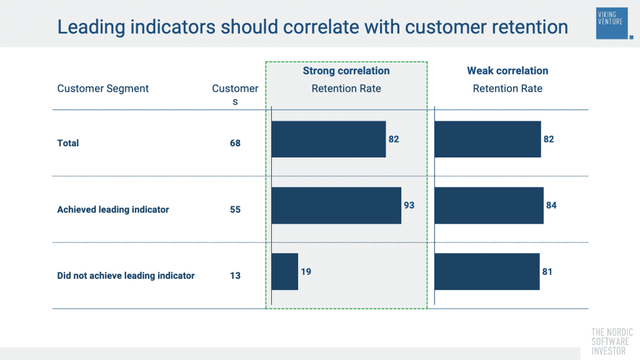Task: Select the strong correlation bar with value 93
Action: (336, 205)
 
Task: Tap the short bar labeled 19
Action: (285, 271)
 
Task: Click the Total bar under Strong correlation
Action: (329, 139)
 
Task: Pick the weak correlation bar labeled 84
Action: (489, 205)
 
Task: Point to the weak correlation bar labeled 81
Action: (487, 271)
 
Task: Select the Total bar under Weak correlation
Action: (487, 139)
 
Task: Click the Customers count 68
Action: (235, 143)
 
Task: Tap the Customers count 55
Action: (235, 209)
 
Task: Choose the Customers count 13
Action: (235, 276)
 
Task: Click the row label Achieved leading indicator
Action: (113, 209)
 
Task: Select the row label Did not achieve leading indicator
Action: (126, 276)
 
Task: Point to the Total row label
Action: (68, 143)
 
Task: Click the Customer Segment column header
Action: (103, 89)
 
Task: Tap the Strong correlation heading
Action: (346, 71)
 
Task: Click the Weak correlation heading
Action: (507, 71)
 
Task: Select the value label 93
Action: (409, 205)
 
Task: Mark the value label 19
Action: (306, 271)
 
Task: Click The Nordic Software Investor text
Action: (612, 342)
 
